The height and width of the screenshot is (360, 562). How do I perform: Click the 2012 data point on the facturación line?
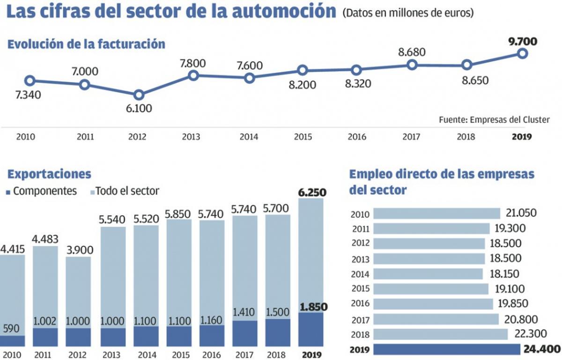tap(139, 95)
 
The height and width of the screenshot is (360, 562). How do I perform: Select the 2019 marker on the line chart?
tap(523, 53)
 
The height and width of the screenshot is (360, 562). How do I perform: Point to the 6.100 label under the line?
tap(139, 109)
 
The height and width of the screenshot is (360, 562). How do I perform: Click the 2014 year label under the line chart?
tap(249, 137)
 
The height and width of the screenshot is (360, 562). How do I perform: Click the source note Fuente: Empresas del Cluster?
tap(494, 120)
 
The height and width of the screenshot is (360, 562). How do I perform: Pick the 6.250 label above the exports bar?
tap(311, 192)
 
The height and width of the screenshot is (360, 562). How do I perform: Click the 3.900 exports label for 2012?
tap(78, 250)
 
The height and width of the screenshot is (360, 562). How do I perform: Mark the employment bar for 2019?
tap(447, 349)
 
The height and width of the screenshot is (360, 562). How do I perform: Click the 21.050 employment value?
tap(521, 213)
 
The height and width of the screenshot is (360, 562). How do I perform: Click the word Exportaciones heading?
tap(49, 174)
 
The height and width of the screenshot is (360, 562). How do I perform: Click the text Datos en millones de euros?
tap(407, 13)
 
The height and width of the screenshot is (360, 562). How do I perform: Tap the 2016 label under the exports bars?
tap(211, 354)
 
